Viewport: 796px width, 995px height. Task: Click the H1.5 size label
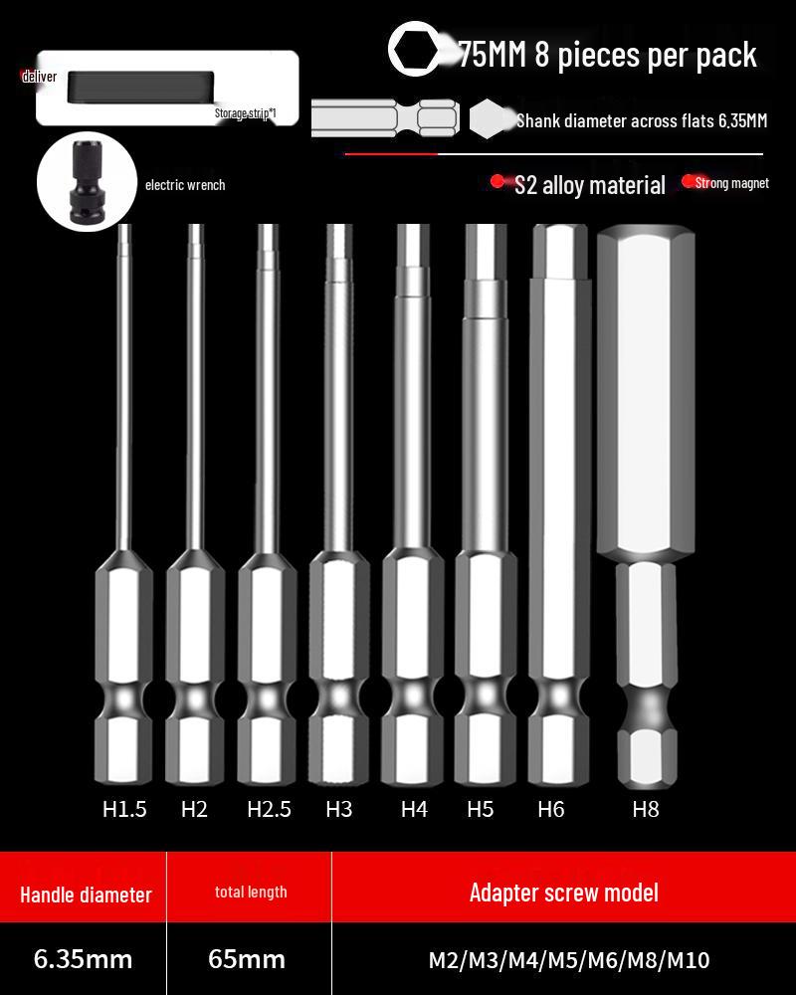pos(124,810)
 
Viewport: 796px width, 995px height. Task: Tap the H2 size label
pos(194,810)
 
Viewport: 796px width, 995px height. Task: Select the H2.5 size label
pos(269,810)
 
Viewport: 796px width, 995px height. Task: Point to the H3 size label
pos(338,810)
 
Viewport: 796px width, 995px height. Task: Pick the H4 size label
pos(414,810)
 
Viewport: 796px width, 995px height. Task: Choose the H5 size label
pos(480,810)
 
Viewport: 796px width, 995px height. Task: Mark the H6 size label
pos(550,810)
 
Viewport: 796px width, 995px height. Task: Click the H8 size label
pos(646,810)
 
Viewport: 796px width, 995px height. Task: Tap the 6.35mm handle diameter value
pos(83,959)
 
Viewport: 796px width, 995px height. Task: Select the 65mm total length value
pos(247,959)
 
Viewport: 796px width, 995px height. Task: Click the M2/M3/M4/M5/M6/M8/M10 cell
pos(569,960)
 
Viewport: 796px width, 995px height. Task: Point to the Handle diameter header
pos(86,894)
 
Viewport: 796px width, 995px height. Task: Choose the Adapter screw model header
pos(563,892)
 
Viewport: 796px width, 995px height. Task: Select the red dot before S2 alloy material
pos(497,182)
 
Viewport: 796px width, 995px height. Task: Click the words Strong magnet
pos(731,183)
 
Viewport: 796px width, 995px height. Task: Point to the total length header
pos(251,892)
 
